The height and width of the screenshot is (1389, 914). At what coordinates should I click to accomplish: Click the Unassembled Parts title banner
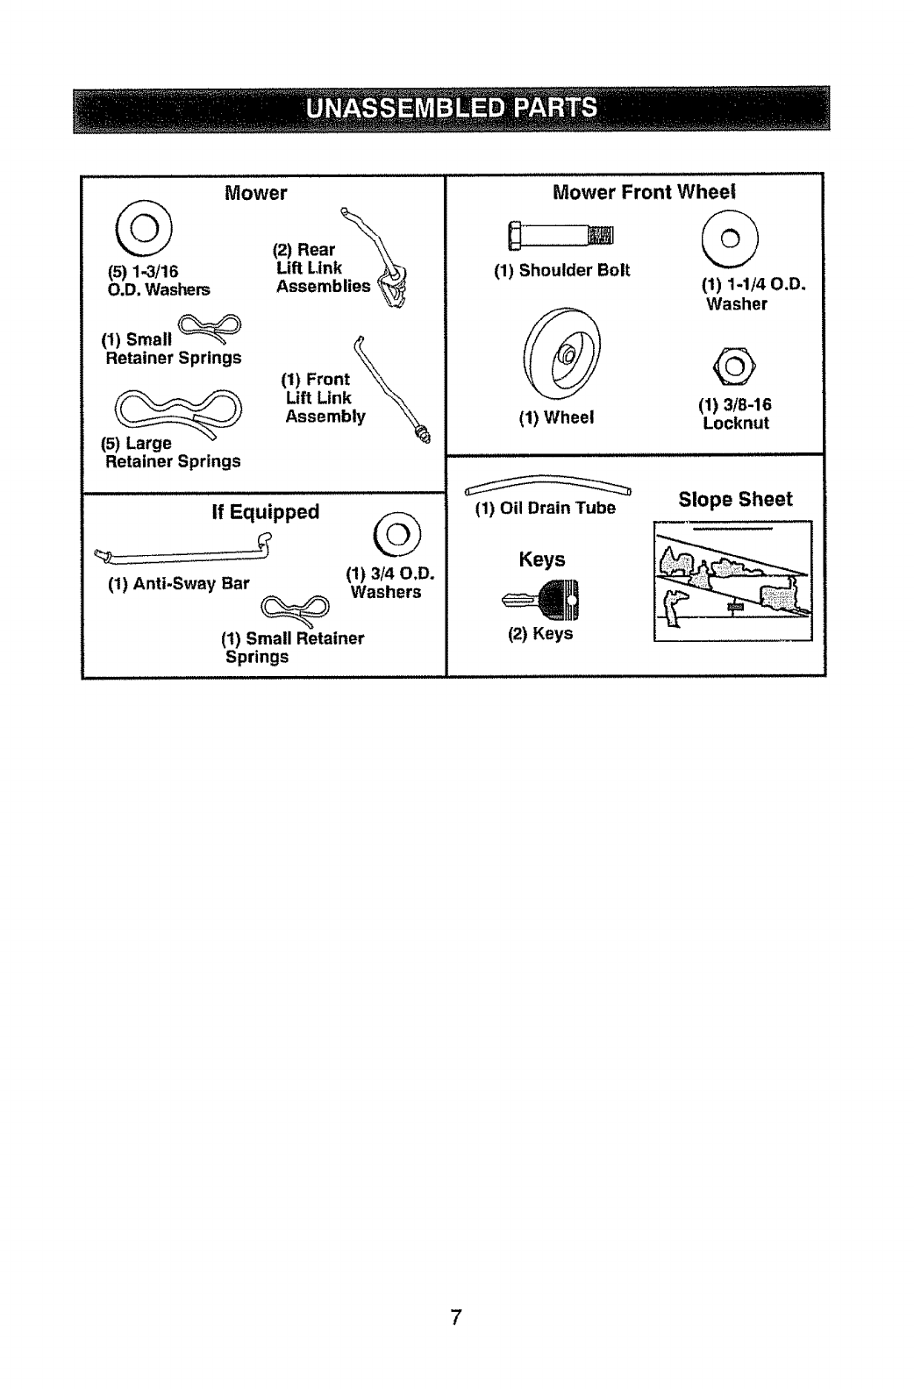click(x=452, y=108)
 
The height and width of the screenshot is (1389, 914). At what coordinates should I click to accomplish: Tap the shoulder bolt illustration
click(x=558, y=235)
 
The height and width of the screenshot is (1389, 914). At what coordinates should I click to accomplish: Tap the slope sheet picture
click(x=732, y=581)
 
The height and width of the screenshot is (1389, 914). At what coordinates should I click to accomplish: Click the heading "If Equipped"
click(x=265, y=511)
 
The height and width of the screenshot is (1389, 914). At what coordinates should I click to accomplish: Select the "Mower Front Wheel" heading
click(x=643, y=192)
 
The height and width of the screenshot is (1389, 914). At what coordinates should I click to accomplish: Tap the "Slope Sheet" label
click(x=735, y=500)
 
